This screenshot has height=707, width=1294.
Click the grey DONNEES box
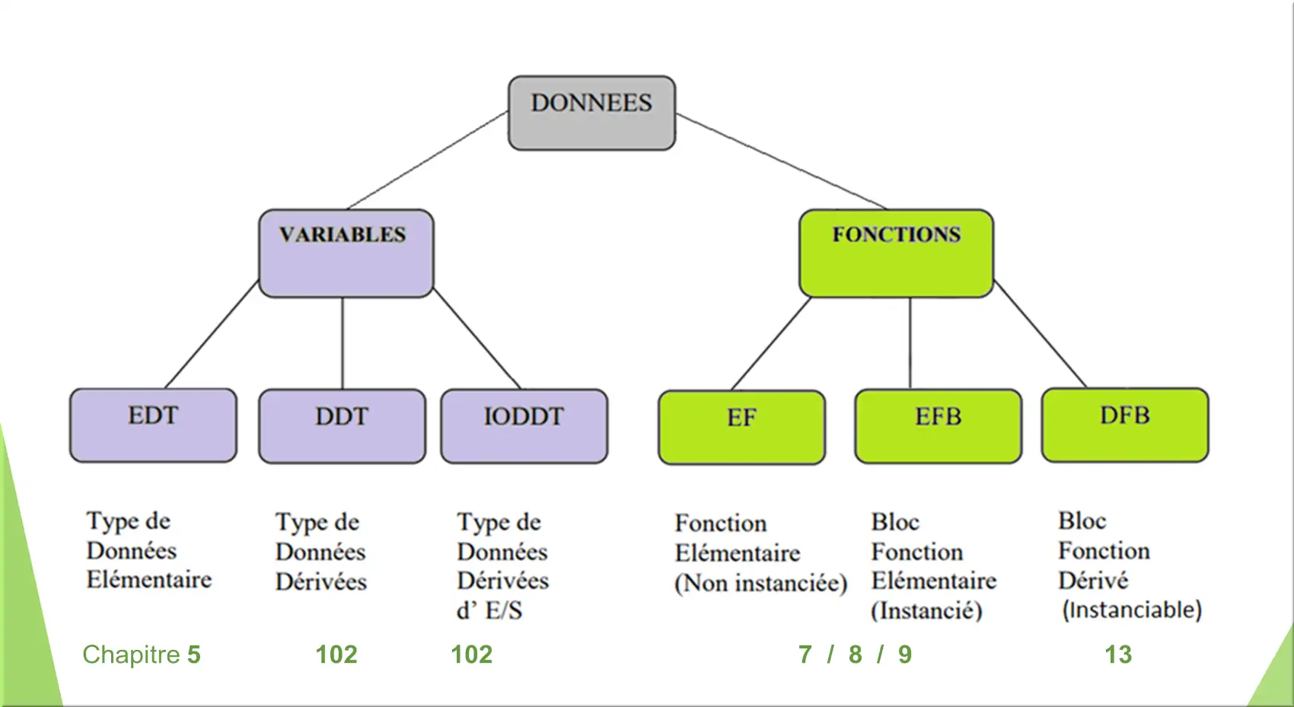[x=591, y=113]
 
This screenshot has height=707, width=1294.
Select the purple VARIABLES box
[x=346, y=253]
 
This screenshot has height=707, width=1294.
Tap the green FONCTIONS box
[x=896, y=253]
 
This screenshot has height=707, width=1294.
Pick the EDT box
[x=153, y=425]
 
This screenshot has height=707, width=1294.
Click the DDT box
[x=342, y=426]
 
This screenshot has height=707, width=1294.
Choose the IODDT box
[x=524, y=426]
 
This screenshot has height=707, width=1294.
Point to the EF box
[x=741, y=428]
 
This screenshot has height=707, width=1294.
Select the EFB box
[x=938, y=426]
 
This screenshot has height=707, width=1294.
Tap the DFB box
[x=1125, y=425]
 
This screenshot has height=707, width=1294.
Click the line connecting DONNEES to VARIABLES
[x=428, y=161]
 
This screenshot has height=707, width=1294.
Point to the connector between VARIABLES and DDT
[x=343, y=343]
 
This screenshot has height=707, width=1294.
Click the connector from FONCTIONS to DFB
[x=1040, y=334]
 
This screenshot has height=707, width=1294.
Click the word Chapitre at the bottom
[x=131, y=654]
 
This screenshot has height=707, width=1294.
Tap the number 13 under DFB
[x=1118, y=654]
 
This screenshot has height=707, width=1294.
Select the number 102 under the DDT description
[x=336, y=654]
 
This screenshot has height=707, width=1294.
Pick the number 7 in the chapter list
[x=805, y=654]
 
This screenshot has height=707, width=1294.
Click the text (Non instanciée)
[x=761, y=584]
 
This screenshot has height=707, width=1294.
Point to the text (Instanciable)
[x=1133, y=610]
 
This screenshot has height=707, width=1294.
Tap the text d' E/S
[x=489, y=610]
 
